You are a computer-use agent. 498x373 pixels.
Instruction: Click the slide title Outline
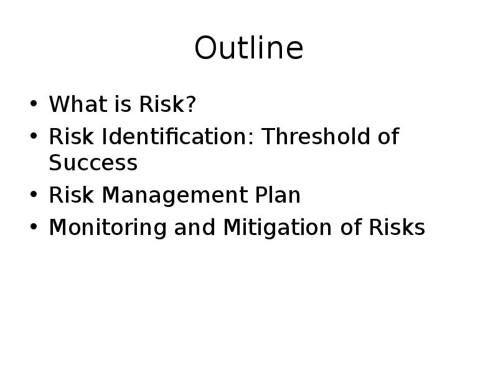(249, 48)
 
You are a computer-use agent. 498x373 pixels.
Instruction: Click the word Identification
(174, 136)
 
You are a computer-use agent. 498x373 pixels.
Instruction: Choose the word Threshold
(316, 136)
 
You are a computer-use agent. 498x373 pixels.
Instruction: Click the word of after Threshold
(388, 136)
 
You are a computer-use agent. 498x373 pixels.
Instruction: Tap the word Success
(93, 162)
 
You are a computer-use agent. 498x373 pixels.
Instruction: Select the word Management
(175, 195)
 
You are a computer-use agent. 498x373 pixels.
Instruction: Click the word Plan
(278, 195)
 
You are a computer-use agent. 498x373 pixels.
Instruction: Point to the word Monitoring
(108, 228)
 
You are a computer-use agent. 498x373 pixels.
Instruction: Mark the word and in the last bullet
(195, 227)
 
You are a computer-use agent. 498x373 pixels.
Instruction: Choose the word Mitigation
(278, 228)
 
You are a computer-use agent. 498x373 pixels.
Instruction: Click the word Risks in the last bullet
(397, 227)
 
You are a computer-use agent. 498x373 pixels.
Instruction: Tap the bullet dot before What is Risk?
(34, 103)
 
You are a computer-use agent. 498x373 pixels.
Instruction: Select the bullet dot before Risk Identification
(34, 136)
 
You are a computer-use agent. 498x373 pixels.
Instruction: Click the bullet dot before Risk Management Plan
(34, 195)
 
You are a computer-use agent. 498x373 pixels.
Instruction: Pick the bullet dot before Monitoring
(34, 227)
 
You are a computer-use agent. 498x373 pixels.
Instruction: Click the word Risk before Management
(72, 195)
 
